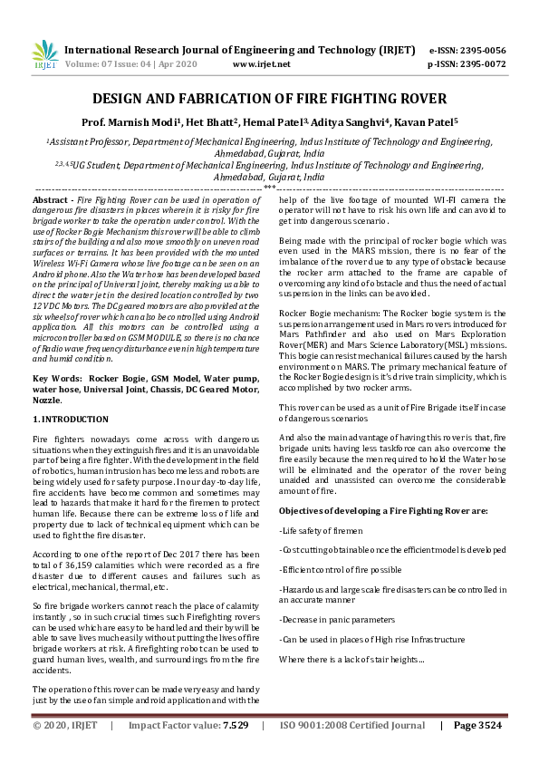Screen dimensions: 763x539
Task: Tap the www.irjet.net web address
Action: point(261,64)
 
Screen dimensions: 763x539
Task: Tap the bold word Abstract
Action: point(50,198)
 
